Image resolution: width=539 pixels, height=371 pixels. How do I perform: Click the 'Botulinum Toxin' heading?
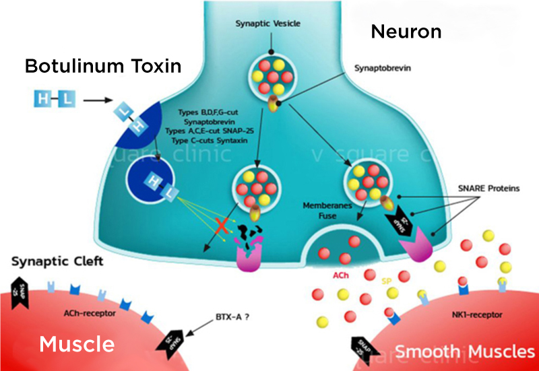pos(103,66)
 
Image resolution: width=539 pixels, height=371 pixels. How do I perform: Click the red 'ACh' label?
pos(341,275)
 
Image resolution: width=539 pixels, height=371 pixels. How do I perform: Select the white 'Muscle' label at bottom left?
pos(76,344)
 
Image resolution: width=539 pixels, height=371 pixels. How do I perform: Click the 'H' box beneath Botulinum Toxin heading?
pos(44,100)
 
